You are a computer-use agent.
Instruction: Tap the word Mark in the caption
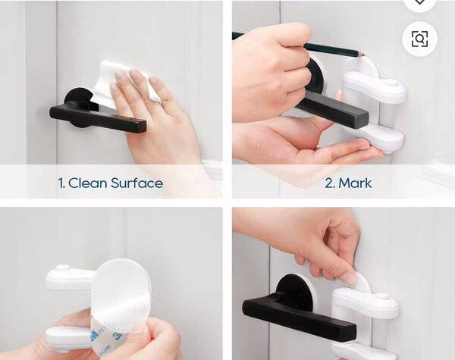tap(355, 183)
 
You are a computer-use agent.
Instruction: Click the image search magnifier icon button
tap(419, 39)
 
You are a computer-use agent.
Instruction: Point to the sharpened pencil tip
tap(365, 55)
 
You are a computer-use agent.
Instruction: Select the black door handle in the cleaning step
tap(97, 114)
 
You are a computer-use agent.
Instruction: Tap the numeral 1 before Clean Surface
tap(61, 183)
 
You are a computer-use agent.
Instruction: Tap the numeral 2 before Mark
tap(330, 183)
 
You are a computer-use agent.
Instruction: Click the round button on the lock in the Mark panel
tap(391, 83)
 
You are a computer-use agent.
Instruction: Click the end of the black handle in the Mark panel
tap(361, 119)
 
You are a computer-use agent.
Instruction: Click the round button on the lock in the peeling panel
tap(63, 268)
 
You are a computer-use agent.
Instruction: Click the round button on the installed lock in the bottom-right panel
tap(382, 297)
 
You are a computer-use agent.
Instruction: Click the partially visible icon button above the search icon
tap(419, 3)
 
